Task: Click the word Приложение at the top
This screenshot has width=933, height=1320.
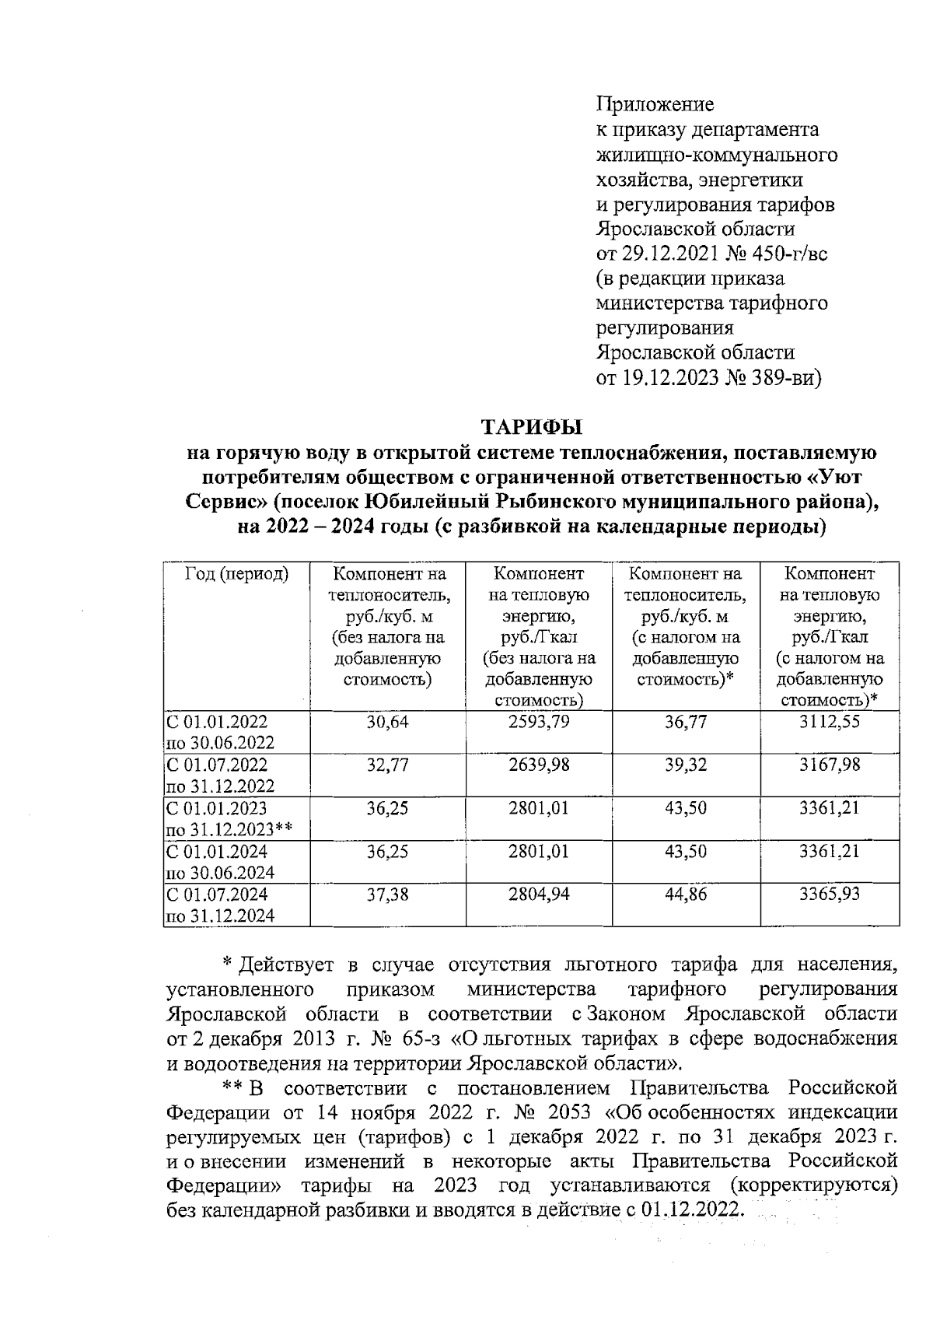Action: point(655,104)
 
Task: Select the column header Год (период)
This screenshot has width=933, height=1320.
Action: point(236,575)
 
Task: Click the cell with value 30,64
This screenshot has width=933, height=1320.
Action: point(387,722)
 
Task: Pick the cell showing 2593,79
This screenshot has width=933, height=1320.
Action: point(539,722)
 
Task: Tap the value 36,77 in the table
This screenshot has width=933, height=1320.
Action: point(685,722)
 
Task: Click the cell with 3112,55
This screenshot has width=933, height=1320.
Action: point(830,722)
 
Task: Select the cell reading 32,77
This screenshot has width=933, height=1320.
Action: point(387,765)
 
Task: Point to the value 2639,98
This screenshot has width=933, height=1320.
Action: point(539,765)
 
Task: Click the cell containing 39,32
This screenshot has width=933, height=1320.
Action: point(685,765)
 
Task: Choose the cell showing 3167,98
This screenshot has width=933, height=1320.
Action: point(830,765)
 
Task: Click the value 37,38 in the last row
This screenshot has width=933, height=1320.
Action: point(387,895)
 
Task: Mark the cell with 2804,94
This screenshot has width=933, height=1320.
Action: point(539,895)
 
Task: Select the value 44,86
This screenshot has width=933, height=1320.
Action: point(685,895)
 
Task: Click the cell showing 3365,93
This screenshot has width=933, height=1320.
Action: point(830,895)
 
